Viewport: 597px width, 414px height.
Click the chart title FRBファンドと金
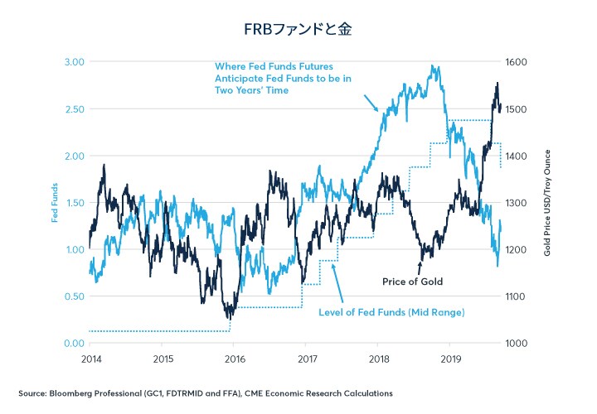(x=298, y=29)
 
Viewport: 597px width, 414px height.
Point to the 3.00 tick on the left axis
(x=73, y=62)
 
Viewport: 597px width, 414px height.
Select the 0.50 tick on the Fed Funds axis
(x=73, y=296)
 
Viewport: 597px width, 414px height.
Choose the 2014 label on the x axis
(x=91, y=360)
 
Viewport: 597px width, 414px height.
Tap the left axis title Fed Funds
(x=55, y=203)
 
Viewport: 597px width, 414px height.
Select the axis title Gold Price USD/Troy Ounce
(x=548, y=202)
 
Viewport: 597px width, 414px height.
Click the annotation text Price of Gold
(x=412, y=282)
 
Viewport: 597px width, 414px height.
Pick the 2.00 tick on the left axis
(x=73, y=156)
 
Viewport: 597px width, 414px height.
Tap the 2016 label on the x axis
(x=235, y=360)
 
